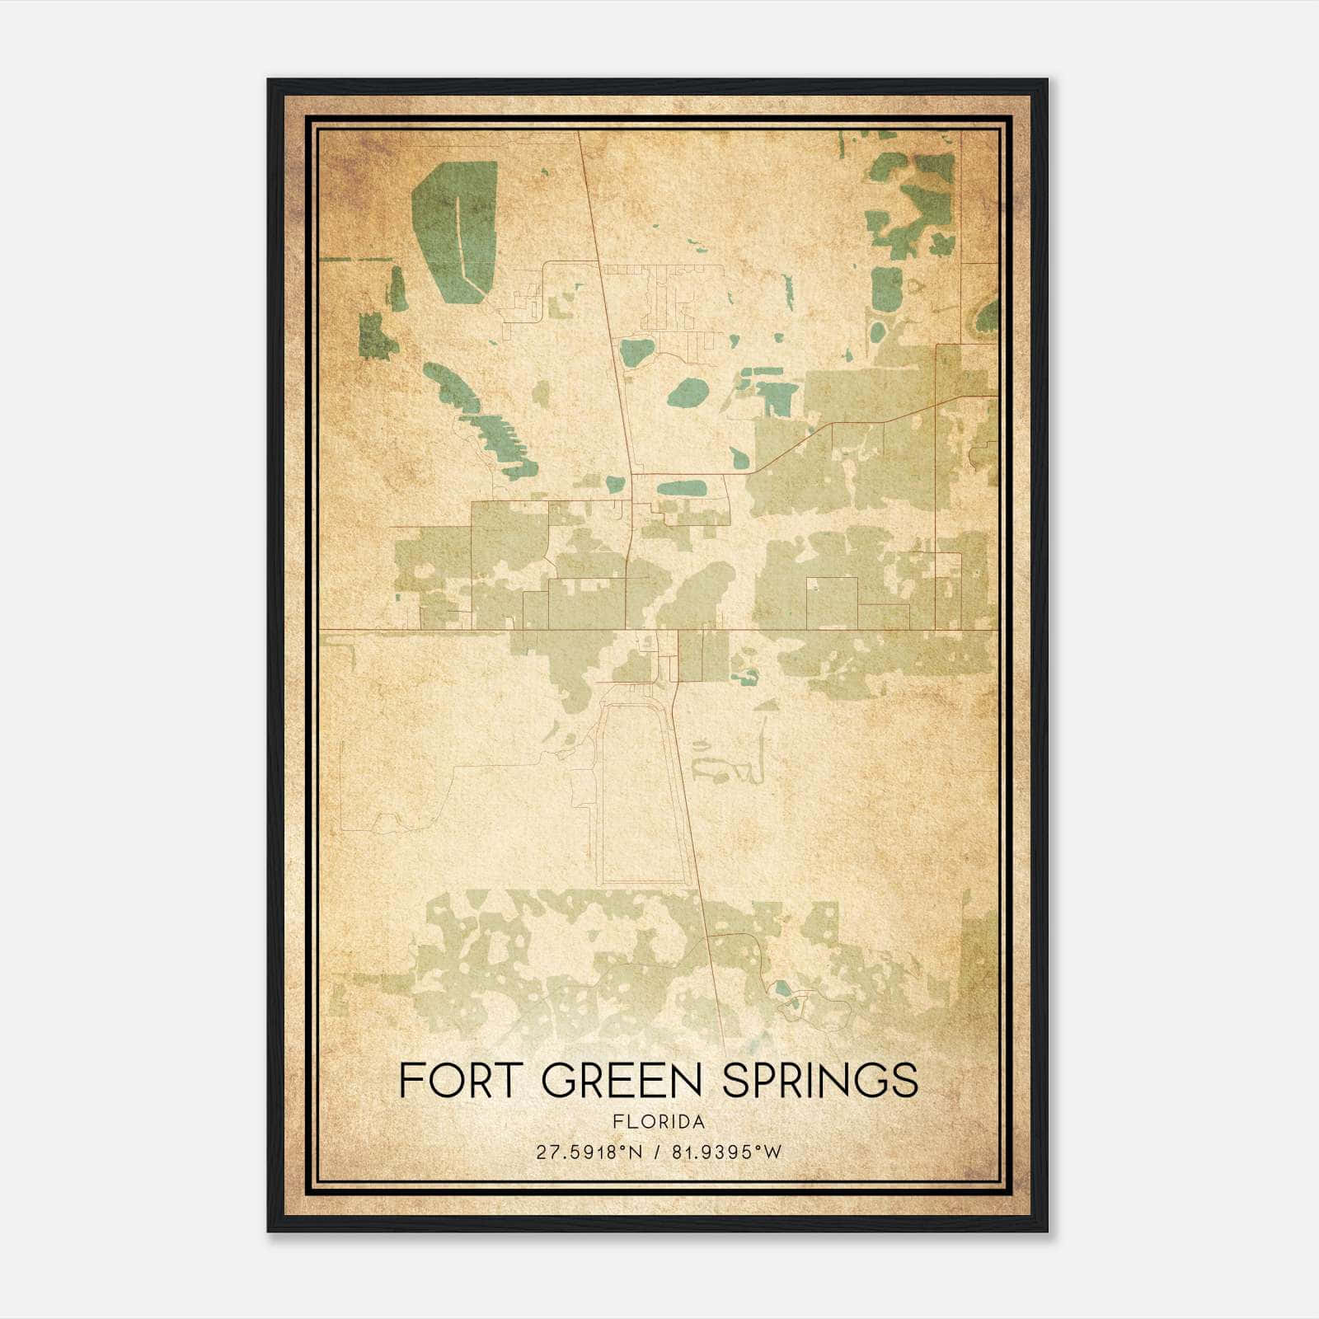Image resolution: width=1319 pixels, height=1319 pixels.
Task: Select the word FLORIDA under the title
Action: tap(659, 1122)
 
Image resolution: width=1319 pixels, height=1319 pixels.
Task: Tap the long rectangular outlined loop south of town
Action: tap(643, 791)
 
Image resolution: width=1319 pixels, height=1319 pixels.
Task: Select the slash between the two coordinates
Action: tap(655, 1152)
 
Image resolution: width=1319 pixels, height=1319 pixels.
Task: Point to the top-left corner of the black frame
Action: tap(270, 81)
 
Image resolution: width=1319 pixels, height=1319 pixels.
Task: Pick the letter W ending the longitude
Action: tap(772, 1152)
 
